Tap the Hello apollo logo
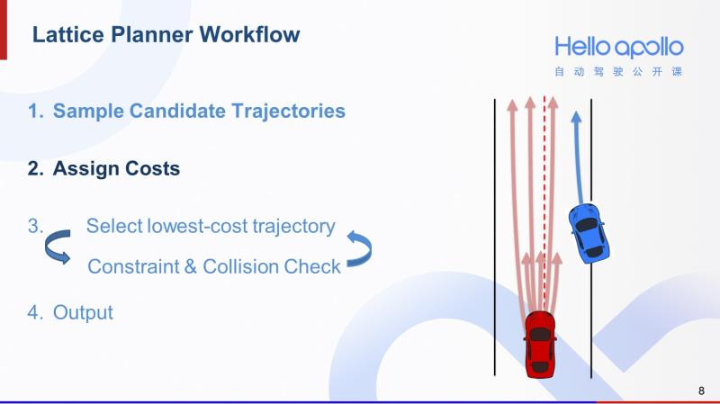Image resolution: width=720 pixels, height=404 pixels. pos(618,47)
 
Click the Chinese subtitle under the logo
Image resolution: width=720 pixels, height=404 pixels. pos(618,72)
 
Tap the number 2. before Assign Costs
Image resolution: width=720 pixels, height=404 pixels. pos(35,168)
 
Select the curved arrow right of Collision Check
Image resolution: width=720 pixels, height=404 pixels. pos(359,247)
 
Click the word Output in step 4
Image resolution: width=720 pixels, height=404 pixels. pos(83,313)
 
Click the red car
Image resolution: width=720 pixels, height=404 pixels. pos(540,343)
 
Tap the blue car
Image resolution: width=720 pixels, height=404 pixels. pos(589,232)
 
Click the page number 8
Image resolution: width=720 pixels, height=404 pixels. pos(701,391)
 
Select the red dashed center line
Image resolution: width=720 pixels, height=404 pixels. pos(544,198)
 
